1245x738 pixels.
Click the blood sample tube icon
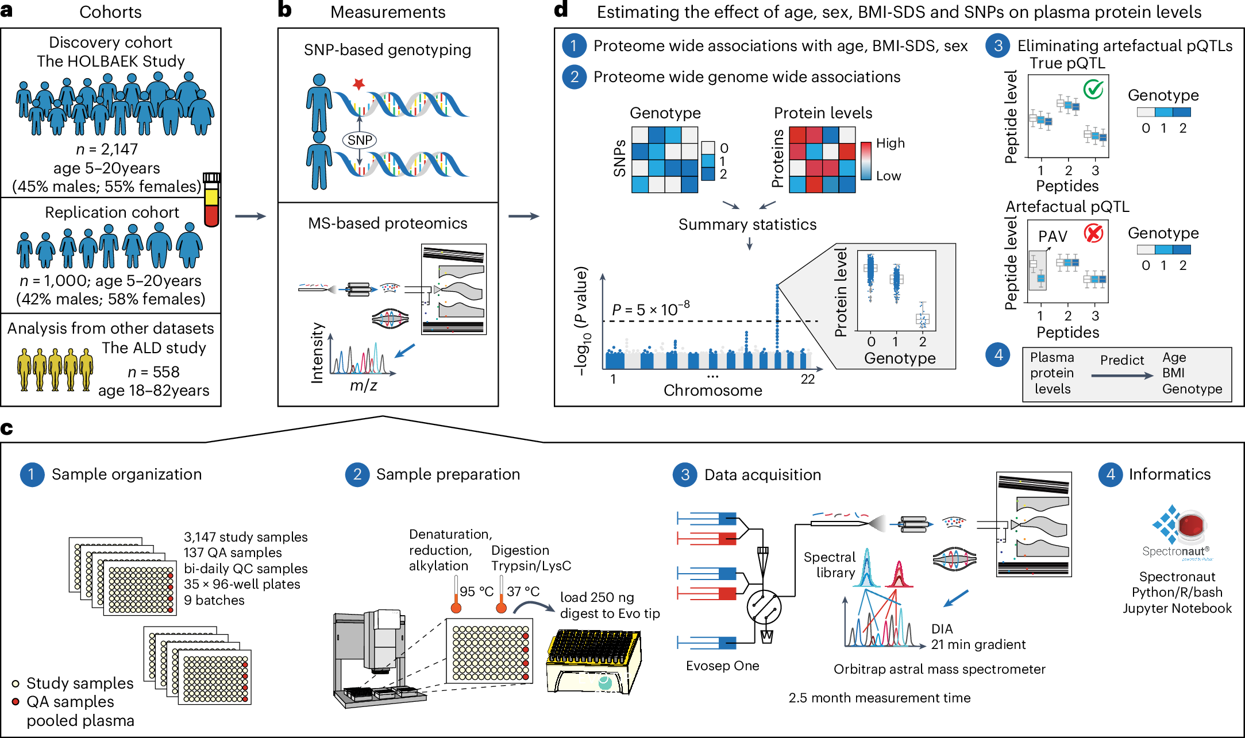(212, 200)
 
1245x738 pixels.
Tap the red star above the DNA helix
(359, 84)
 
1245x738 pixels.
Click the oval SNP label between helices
(360, 140)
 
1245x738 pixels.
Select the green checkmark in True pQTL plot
(1093, 89)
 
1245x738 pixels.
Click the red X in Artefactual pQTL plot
(1093, 233)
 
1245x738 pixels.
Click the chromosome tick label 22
(808, 379)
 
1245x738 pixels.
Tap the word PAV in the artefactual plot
(1053, 237)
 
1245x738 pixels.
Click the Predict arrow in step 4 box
(1121, 375)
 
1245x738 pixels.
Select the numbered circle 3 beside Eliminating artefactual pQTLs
(998, 46)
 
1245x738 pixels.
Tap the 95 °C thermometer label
(476, 592)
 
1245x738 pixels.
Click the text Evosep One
(722, 666)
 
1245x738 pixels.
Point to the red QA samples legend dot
(16, 702)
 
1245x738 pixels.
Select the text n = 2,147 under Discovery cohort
(107, 149)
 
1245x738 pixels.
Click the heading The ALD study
(154, 348)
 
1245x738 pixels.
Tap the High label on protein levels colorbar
(890, 143)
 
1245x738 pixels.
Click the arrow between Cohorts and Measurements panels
(250, 216)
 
